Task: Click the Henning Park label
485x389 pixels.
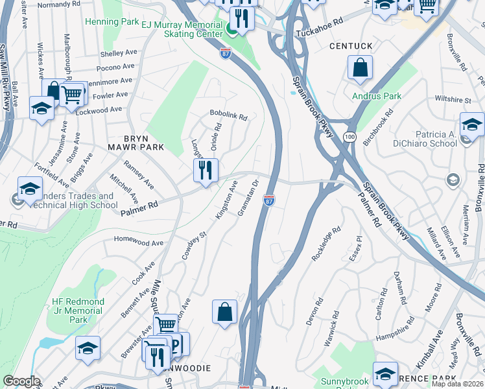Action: click(x=111, y=21)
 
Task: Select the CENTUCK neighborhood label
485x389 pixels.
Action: click(x=351, y=47)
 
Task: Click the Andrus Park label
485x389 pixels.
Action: click(x=377, y=97)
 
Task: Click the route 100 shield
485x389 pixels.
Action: click(x=349, y=137)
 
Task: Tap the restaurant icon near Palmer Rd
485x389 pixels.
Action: click(x=206, y=171)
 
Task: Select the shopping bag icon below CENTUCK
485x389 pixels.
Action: click(x=359, y=67)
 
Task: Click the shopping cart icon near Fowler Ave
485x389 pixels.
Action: click(x=73, y=95)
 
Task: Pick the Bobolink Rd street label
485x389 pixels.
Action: click(x=228, y=117)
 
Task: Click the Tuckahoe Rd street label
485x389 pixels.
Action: click(x=318, y=33)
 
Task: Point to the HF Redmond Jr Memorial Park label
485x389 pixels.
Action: click(x=78, y=311)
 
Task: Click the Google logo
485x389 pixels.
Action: click(x=21, y=381)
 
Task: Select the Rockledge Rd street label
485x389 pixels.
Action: click(x=325, y=244)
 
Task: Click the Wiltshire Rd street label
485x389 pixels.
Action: click(x=452, y=100)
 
